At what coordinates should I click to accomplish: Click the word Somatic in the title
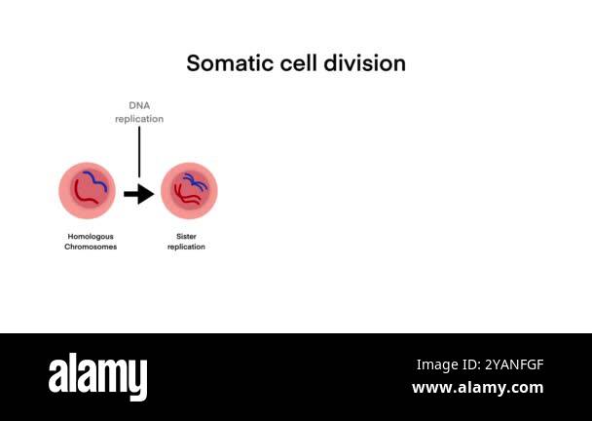tap(225, 63)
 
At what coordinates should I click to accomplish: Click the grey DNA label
tap(139, 105)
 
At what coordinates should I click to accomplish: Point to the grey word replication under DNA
tap(139, 119)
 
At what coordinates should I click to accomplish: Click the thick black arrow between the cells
tap(139, 194)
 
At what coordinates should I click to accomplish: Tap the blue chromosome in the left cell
tap(95, 180)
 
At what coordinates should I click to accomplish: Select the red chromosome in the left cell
tap(82, 196)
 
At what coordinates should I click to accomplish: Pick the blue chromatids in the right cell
tap(193, 179)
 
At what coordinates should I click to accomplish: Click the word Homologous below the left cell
tap(92, 237)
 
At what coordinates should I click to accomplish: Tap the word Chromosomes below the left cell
tap(92, 248)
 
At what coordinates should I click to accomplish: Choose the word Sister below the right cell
tap(186, 237)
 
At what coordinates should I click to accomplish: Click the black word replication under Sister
tap(186, 248)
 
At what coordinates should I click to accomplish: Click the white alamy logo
tap(97, 375)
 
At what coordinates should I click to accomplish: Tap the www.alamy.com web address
tap(477, 388)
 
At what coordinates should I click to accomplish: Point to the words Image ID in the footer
tap(447, 364)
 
